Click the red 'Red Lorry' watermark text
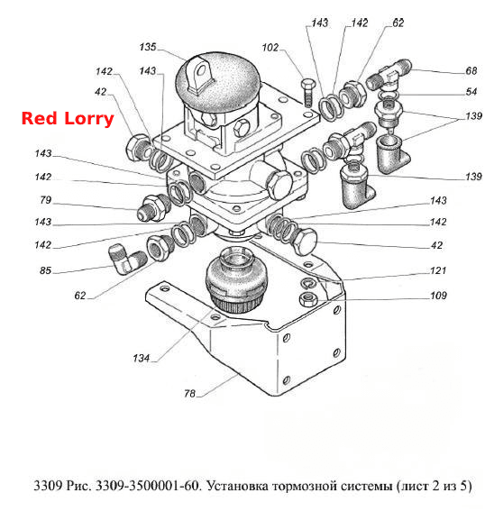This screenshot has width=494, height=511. click(x=68, y=119)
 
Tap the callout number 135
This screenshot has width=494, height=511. click(x=148, y=47)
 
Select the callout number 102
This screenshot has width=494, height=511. click(x=270, y=48)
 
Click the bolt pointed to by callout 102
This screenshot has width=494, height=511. click(x=307, y=92)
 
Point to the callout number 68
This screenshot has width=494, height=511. click(x=471, y=70)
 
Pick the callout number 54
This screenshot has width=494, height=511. click(x=471, y=92)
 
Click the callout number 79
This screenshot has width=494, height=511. click(x=46, y=200)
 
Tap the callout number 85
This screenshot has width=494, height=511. click(x=46, y=270)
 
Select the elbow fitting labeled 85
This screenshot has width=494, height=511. click(x=127, y=260)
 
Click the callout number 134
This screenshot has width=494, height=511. click(x=141, y=358)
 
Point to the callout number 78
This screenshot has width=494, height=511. click(x=189, y=393)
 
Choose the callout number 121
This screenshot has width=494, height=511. click(x=438, y=270)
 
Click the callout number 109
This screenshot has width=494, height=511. click(x=438, y=296)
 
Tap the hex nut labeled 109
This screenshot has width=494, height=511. click(x=306, y=299)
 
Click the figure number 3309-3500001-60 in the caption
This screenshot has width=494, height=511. click(x=147, y=486)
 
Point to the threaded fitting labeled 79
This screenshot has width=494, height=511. click(x=153, y=207)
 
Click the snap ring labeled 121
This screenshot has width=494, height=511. click(x=307, y=284)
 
